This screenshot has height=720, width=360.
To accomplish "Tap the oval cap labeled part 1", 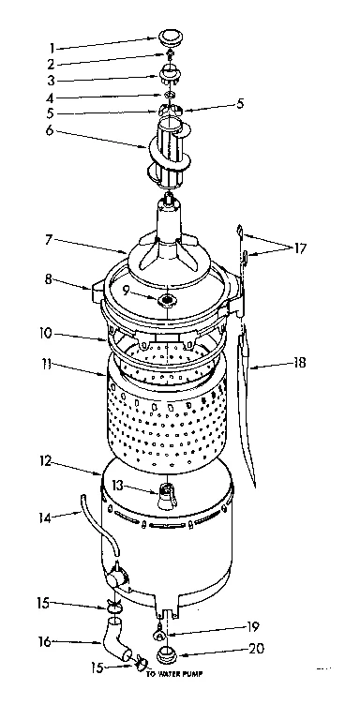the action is (x=170, y=37).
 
